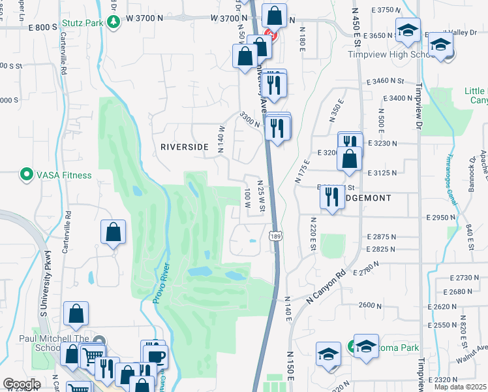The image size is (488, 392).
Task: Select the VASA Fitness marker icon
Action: click(26, 174)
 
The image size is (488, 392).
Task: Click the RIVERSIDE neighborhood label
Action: click(184, 148)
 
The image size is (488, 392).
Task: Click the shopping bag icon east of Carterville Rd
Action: click(114, 233)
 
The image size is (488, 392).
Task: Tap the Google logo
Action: click(22, 384)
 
